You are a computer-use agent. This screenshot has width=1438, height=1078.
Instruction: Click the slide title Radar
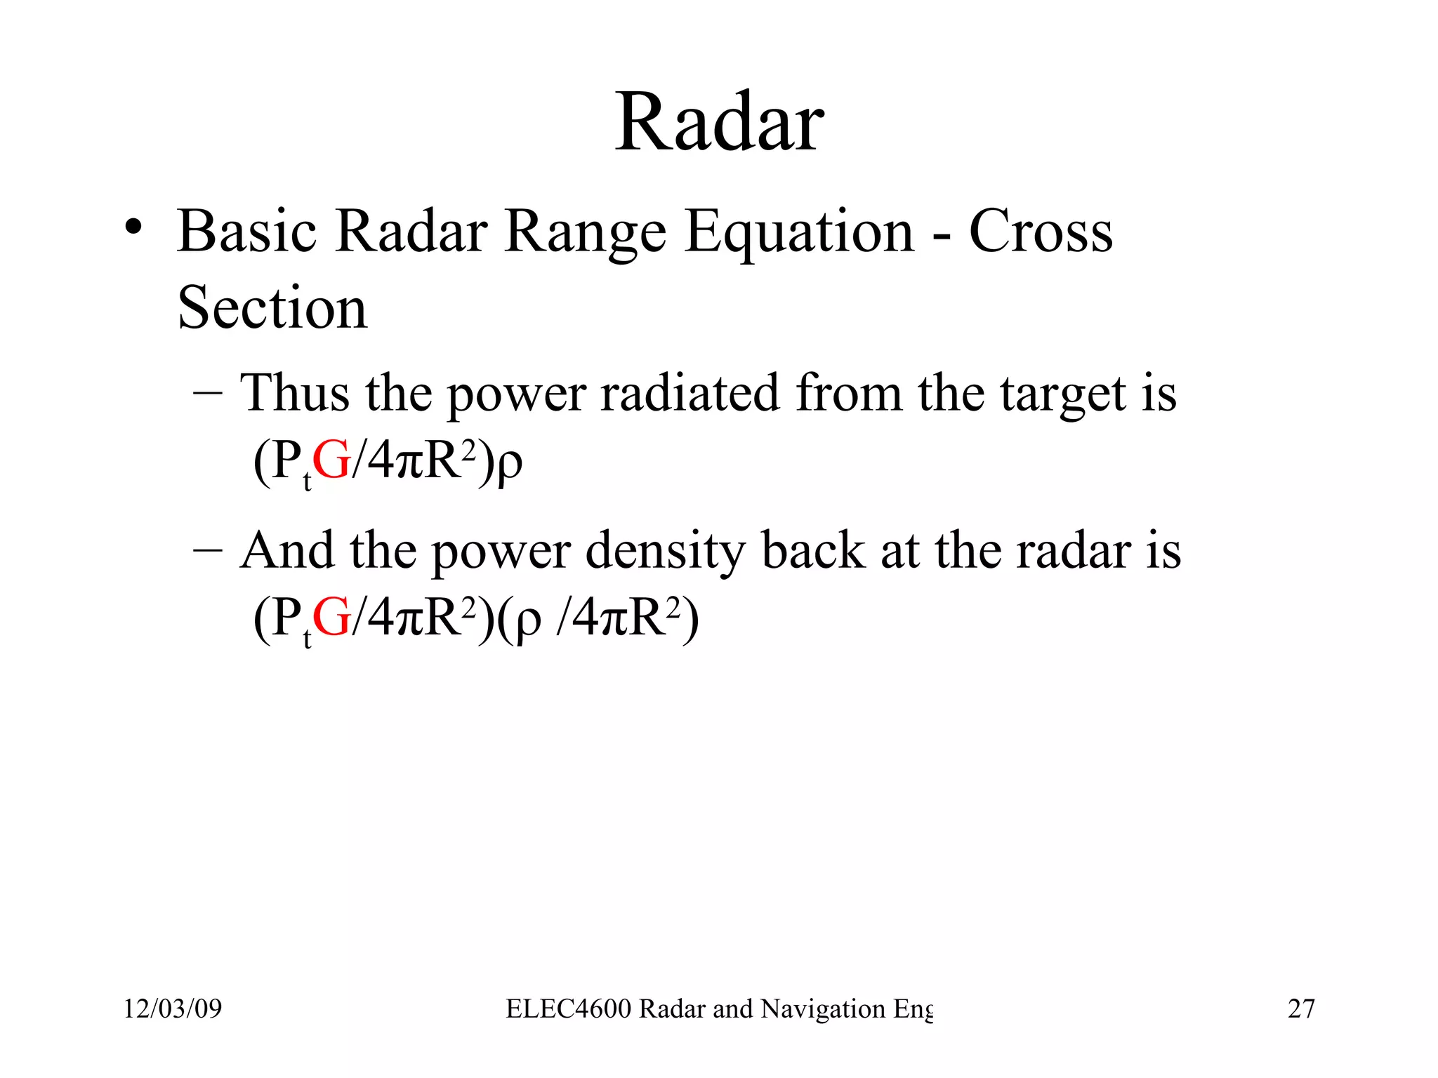pos(720,124)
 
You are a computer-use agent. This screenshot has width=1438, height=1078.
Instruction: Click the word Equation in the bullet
pos(800,232)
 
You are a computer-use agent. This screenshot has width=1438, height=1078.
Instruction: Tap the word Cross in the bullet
pos(1041,232)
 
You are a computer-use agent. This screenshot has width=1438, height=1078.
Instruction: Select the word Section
pos(272,308)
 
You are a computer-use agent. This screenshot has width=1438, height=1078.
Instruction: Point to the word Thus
pos(295,393)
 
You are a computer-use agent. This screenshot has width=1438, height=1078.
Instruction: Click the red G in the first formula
pos(331,461)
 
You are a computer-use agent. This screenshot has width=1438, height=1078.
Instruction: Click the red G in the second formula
pos(331,618)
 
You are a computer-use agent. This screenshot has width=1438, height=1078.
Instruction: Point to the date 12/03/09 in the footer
pos(173,1009)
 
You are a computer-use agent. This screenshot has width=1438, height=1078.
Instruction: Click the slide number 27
pos(1301,1009)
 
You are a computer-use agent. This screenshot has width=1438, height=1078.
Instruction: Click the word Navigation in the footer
pos(823,1009)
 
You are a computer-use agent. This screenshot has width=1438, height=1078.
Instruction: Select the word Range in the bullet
pos(585,234)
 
